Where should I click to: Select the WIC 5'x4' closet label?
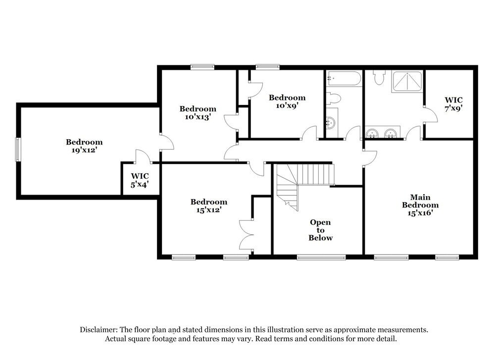click(140, 180)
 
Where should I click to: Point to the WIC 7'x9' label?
click(453, 103)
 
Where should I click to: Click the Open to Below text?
click(320, 230)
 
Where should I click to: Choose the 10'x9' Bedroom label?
click(287, 102)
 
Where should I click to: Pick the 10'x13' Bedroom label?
click(198, 113)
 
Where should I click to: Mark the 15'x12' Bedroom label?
click(209, 206)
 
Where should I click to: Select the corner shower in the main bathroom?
click(408, 82)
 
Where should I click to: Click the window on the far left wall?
click(18, 149)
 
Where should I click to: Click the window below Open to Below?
click(321, 257)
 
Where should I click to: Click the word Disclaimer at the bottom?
click(99, 330)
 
